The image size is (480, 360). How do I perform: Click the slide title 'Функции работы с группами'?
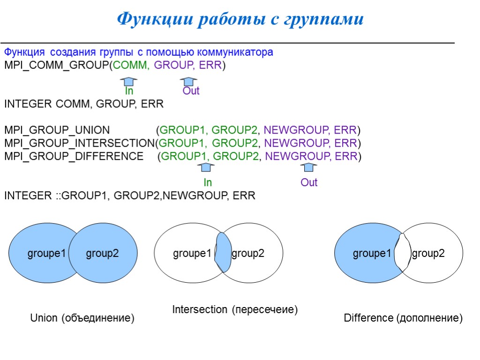pos(240,19)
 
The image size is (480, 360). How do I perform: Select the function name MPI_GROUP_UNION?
pos(57,130)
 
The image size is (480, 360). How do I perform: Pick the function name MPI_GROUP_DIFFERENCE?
pos(74,156)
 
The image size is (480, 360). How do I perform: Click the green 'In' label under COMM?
pos(129,91)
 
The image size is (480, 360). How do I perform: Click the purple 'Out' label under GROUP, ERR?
pos(191,91)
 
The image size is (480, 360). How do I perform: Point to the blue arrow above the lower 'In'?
pos(206,167)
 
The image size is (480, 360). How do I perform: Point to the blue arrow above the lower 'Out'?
pos(308,167)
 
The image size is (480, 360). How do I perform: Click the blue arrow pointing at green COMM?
pos(128,81)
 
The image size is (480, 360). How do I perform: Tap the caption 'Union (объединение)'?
pos(82,318)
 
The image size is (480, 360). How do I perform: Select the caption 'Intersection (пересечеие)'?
pos(235,310)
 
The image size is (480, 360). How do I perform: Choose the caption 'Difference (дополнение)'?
pos(403,318)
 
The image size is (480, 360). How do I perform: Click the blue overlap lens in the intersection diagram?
pos(223,253)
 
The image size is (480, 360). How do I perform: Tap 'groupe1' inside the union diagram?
pos(47,254)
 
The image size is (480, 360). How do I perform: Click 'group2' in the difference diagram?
pos(428,254)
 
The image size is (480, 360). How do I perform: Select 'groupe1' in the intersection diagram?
pos(192,254)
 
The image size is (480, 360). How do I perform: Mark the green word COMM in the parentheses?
pos(135,65)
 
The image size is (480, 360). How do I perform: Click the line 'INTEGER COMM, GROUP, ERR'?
pos(84,104)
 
